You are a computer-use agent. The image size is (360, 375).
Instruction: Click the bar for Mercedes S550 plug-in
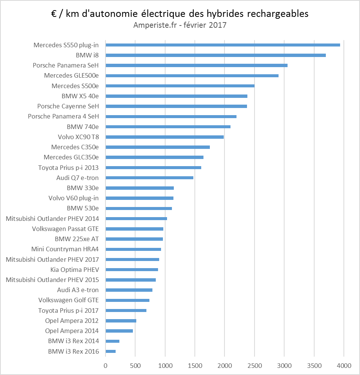tap(223, 45)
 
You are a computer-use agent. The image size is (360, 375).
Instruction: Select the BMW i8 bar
tap(215, 55)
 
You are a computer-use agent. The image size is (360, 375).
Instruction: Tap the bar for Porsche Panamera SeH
tap(196, 65)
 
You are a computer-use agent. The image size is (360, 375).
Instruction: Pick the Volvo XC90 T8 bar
tap(164, 137)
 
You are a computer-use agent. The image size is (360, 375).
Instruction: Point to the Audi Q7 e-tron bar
tap(149, 178)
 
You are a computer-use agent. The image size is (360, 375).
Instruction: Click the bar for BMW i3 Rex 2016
tap(111, 351)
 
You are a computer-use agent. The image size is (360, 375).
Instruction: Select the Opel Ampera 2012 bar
tap(121, 321)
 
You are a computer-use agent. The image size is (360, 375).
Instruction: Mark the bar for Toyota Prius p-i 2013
tap(153, 168)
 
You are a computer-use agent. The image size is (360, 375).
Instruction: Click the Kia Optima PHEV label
tap(74, 270)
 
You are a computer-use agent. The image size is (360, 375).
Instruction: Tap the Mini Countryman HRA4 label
tap(65, 249)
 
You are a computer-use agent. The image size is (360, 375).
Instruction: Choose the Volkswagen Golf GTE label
tap(68, 300)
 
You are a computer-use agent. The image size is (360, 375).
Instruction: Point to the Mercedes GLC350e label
tap(71, 157)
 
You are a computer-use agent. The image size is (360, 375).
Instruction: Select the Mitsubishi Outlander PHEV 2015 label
tap(52, 280)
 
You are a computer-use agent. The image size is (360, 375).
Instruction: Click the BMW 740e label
tap(83, 127)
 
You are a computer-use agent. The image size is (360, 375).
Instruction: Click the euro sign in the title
tap(54, 14)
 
